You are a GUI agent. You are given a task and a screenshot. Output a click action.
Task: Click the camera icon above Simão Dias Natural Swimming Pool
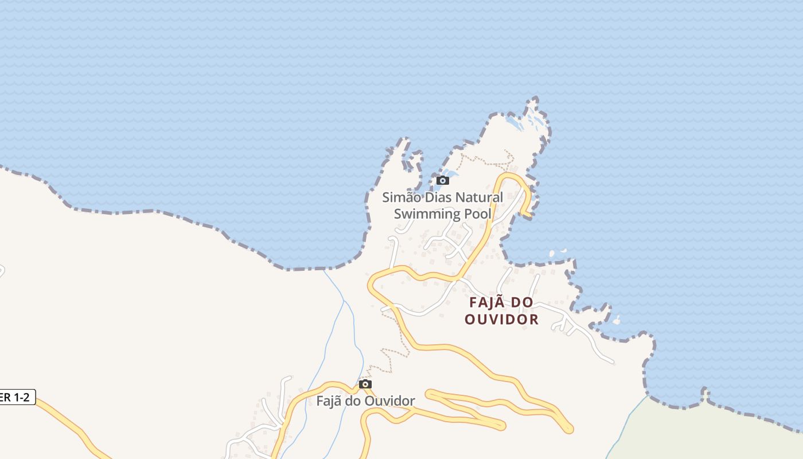click(x=442, y=181)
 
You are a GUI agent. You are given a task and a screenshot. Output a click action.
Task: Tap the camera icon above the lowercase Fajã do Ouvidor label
click(x=365, y=384)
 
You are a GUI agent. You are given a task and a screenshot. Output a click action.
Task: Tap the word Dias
click(x=436, y=197)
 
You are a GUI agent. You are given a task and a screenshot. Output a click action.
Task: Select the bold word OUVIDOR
click(x=502, y=320)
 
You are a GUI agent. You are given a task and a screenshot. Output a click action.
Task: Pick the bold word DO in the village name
click(x=524, y=302)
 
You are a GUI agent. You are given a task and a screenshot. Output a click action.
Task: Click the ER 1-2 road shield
click(x=16, y=397)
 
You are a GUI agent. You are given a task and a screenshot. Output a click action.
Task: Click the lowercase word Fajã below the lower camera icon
click(x=331, y=400)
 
